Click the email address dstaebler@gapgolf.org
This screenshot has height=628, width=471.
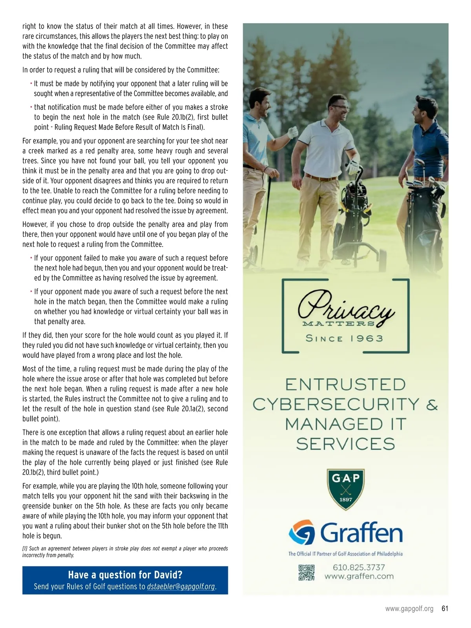click(x=181, y=587)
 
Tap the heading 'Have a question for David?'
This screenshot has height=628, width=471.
click(x=125, y=575)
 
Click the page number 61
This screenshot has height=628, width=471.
click(x=445, y=609)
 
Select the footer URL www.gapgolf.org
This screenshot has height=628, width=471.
click(x=409, y=609)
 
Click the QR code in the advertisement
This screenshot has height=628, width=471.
click(x=307, y=573)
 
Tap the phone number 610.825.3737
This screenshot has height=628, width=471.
click(x=359, y=567)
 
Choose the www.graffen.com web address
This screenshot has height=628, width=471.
click(x=359, y=577)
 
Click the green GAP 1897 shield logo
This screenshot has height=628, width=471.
click(x=346, y=489)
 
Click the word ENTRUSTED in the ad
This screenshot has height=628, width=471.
click(x=345, y=385)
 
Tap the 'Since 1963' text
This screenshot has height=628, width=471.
click(x=344, y=339)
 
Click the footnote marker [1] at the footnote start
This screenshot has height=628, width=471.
click(x=25, y=549)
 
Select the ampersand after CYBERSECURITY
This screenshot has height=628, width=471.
click(x=432, y=405)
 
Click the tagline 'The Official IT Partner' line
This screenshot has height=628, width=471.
click(x=345, y=554)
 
